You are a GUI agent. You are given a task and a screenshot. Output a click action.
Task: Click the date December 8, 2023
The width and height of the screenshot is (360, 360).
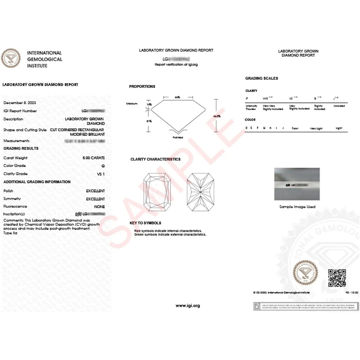click(x=20, y=103)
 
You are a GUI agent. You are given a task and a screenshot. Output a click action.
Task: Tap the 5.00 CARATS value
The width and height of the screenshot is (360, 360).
click(x=93, y=158)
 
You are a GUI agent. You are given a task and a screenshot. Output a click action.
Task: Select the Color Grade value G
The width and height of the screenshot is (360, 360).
click(x=103, y=166)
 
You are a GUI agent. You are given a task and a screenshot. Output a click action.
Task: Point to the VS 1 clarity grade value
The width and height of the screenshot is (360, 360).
click(x=101, y=174)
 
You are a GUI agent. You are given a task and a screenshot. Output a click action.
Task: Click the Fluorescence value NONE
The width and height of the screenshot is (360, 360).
click(x=99, y=207)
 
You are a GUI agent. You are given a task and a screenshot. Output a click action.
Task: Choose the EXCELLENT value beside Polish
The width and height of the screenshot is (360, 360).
click(x=95, y=191)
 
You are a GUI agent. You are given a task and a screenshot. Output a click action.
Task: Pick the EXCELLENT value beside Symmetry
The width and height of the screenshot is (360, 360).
click(x=95, y=199)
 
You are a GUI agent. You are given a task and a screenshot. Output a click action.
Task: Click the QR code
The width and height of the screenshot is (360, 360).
click(x=337, y=277)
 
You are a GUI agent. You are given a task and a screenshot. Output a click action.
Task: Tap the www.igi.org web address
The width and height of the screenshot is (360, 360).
click(x=188, y=306)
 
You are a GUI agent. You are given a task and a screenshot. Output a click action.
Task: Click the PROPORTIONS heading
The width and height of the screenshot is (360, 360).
click(x=142, y=86)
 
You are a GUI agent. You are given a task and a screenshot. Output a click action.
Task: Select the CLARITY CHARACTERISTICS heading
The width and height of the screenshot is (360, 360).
click(x=155, y=159)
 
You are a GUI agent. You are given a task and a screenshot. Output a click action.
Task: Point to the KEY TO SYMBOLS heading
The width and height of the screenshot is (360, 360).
click(x=145, y=223)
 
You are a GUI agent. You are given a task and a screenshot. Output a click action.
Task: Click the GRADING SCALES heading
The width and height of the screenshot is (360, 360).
click(x=262, y=78)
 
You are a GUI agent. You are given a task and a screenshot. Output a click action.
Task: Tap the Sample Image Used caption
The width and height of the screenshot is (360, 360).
click(x=297, y=207)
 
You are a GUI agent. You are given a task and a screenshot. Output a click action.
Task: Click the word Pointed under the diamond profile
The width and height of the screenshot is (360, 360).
click(x=178, y=137)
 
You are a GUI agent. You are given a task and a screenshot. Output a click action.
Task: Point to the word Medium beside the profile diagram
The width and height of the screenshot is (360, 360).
click(x=132, y=104)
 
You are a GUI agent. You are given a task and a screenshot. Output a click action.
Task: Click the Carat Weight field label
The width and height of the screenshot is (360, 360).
click(x=15, y=158)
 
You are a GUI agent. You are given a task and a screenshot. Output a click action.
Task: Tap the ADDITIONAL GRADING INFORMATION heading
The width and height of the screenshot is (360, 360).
click(x=37, y=182)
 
